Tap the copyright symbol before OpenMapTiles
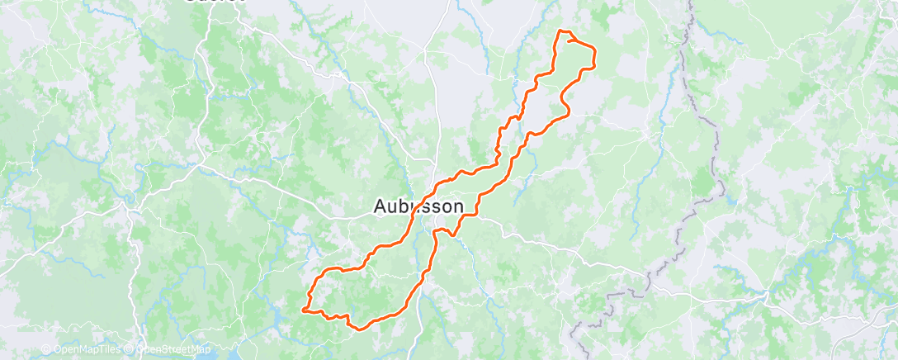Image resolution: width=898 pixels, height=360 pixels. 46,350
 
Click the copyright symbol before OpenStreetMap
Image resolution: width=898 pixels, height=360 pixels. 130,350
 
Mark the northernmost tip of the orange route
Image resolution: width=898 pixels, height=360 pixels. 562,31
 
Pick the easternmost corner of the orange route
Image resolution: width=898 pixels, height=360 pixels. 594,54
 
